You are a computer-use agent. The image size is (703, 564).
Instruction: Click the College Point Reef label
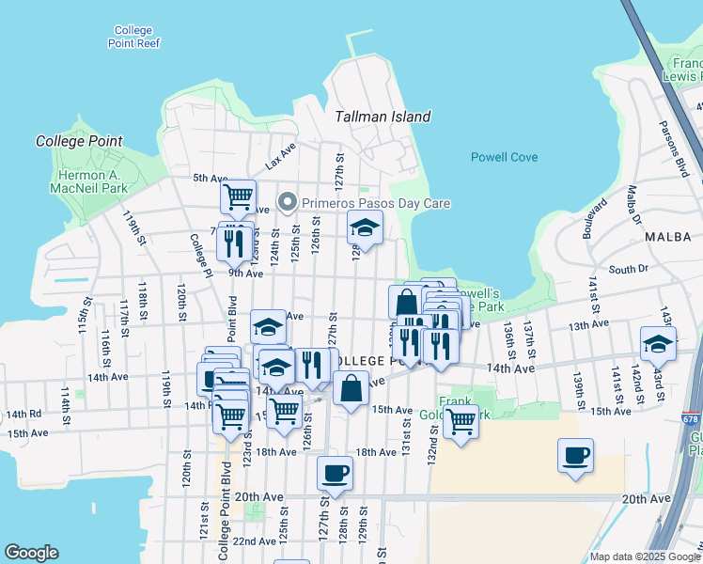[135, 37]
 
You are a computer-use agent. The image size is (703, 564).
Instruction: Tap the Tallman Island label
[383, 117]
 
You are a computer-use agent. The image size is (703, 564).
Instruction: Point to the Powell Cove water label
[504, 157]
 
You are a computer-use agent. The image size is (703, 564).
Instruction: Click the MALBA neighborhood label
[668, 238]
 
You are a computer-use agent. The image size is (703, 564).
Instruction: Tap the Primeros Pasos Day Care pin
[289, 203]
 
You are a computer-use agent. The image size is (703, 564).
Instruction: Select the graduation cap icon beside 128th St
[366, 227]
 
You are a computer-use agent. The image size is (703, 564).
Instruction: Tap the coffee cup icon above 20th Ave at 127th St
[334, 473]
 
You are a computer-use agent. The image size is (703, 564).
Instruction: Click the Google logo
[32, 553]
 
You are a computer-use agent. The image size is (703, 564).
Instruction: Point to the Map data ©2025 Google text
[645, 556]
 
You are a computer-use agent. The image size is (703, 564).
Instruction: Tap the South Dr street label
[629, 269]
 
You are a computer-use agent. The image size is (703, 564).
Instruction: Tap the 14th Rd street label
[23, 414]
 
